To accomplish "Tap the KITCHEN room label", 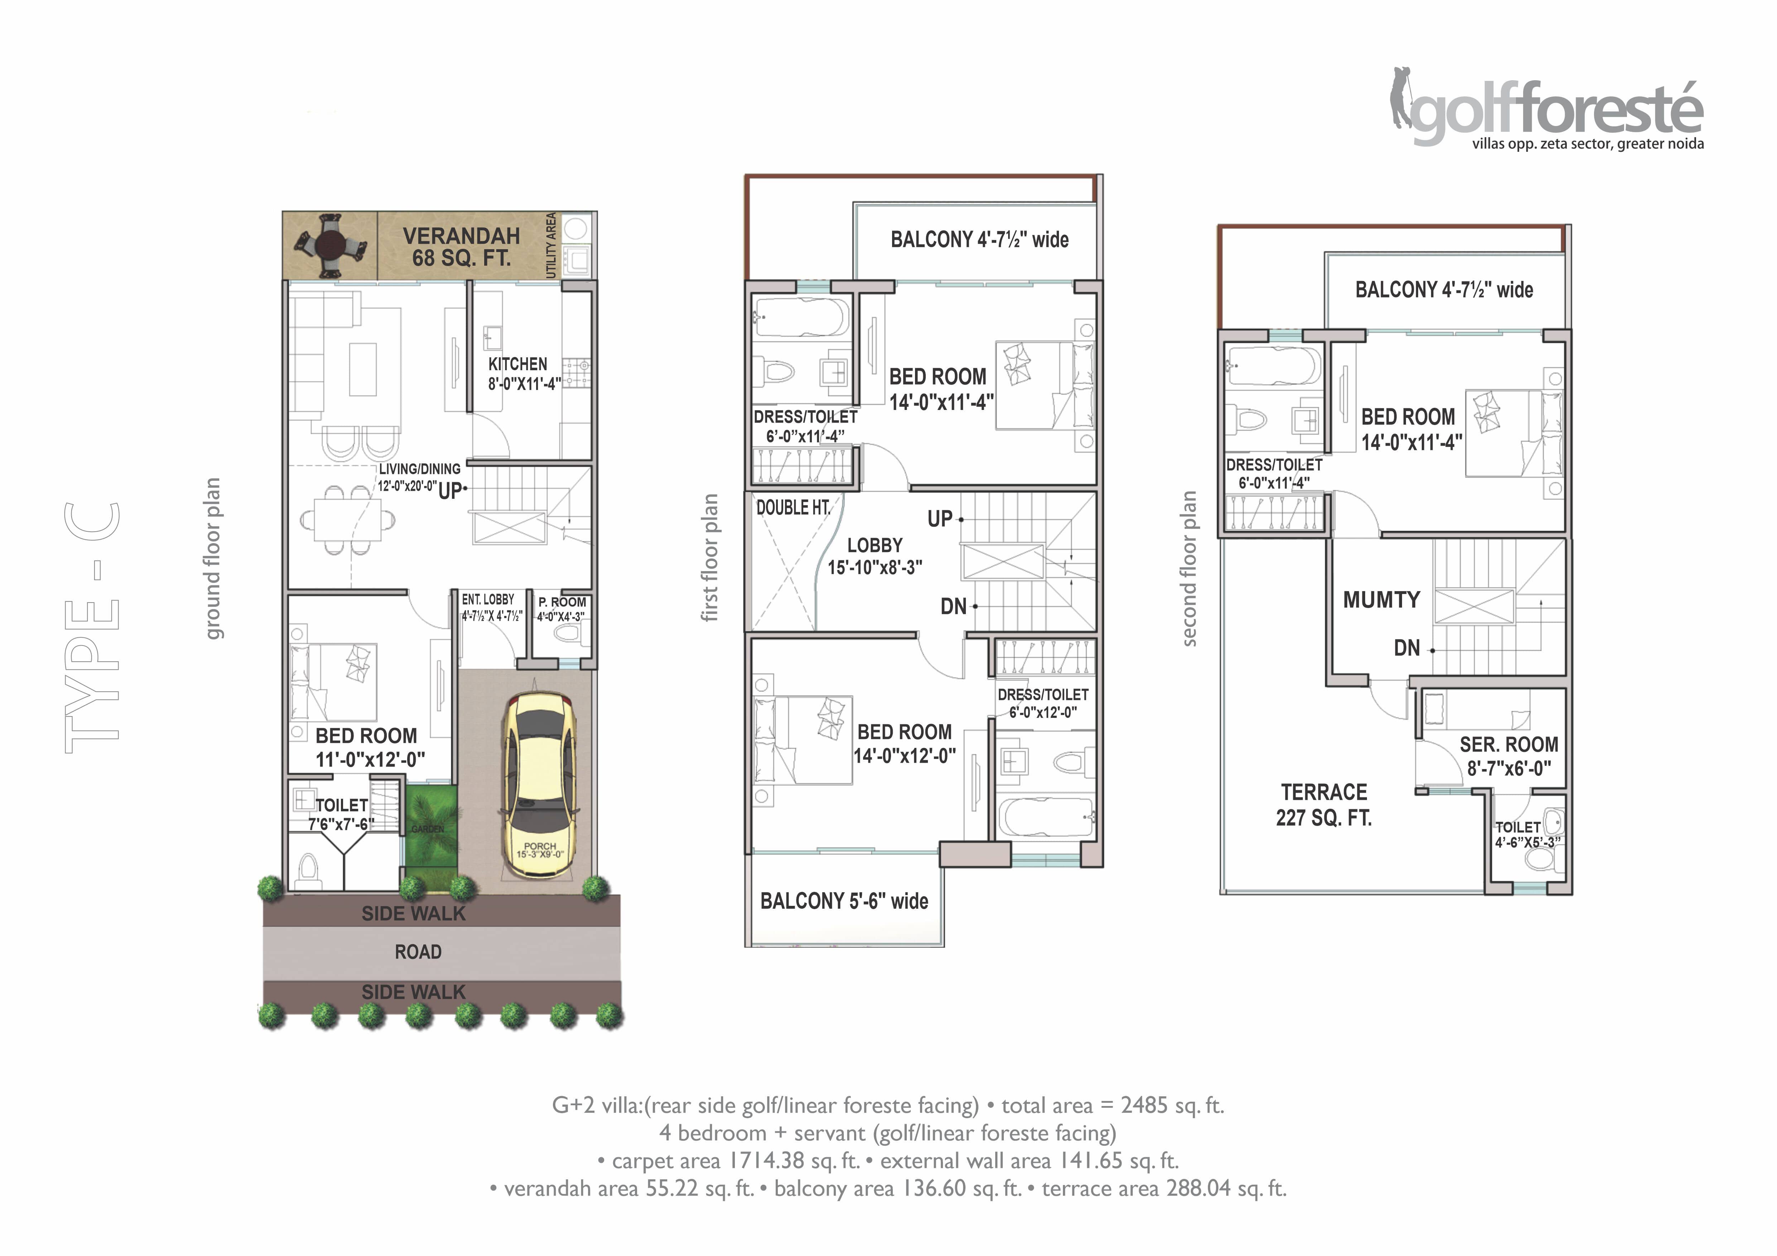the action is coord(518,364).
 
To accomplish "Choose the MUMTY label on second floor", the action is coord(1382,600).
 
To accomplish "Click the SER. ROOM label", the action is coord(1509,744).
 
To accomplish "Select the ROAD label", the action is coord(418,952).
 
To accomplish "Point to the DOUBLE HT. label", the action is coord(793,508).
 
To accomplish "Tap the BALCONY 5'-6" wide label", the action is coord(844,901).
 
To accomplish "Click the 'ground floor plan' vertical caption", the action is coord(213,559).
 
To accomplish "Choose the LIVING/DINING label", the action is coord(419,469).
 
